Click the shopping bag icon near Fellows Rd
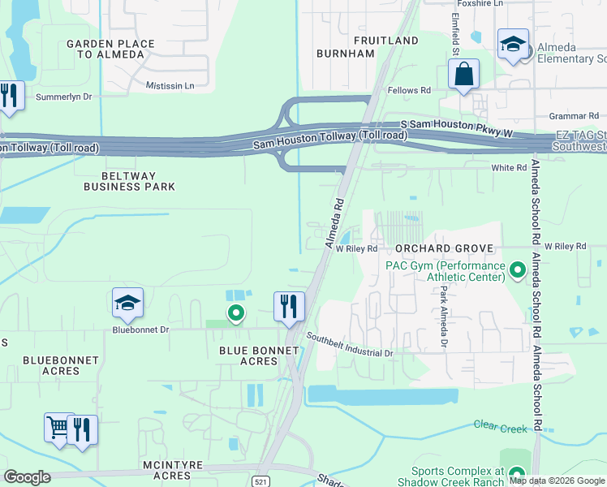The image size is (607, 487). click(463, 75)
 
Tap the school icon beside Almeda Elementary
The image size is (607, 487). click(513, 45)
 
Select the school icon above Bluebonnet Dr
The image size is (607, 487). click(128, 304)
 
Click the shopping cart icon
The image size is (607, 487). click(58, 428)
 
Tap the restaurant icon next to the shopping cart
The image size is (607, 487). click(82, 429)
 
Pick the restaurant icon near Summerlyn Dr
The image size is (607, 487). click(9, 96)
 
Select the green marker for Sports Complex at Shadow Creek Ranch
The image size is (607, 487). click(517, 473)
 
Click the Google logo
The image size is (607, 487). click(27, 477)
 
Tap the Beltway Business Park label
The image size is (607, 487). click(129, 181)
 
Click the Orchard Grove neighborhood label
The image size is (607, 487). click(444, 248)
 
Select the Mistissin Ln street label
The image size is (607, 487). click(170, 85)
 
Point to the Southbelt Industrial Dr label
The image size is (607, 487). click(349, 345)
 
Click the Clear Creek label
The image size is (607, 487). click(496, 425)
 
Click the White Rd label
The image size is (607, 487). click(509, 168)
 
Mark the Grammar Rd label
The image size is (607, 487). click(573, 116)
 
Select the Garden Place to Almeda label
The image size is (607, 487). click(105, 49)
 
